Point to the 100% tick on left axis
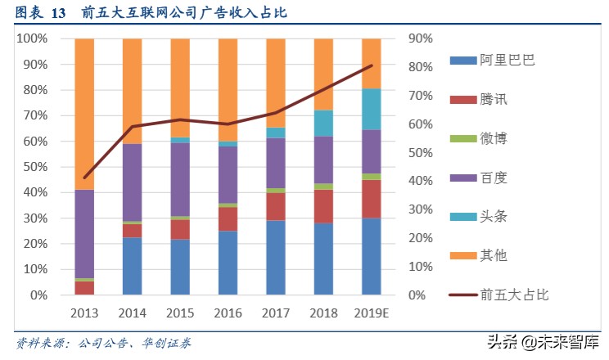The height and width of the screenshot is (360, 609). point(34,38)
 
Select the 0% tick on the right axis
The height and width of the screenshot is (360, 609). point(418,295)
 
